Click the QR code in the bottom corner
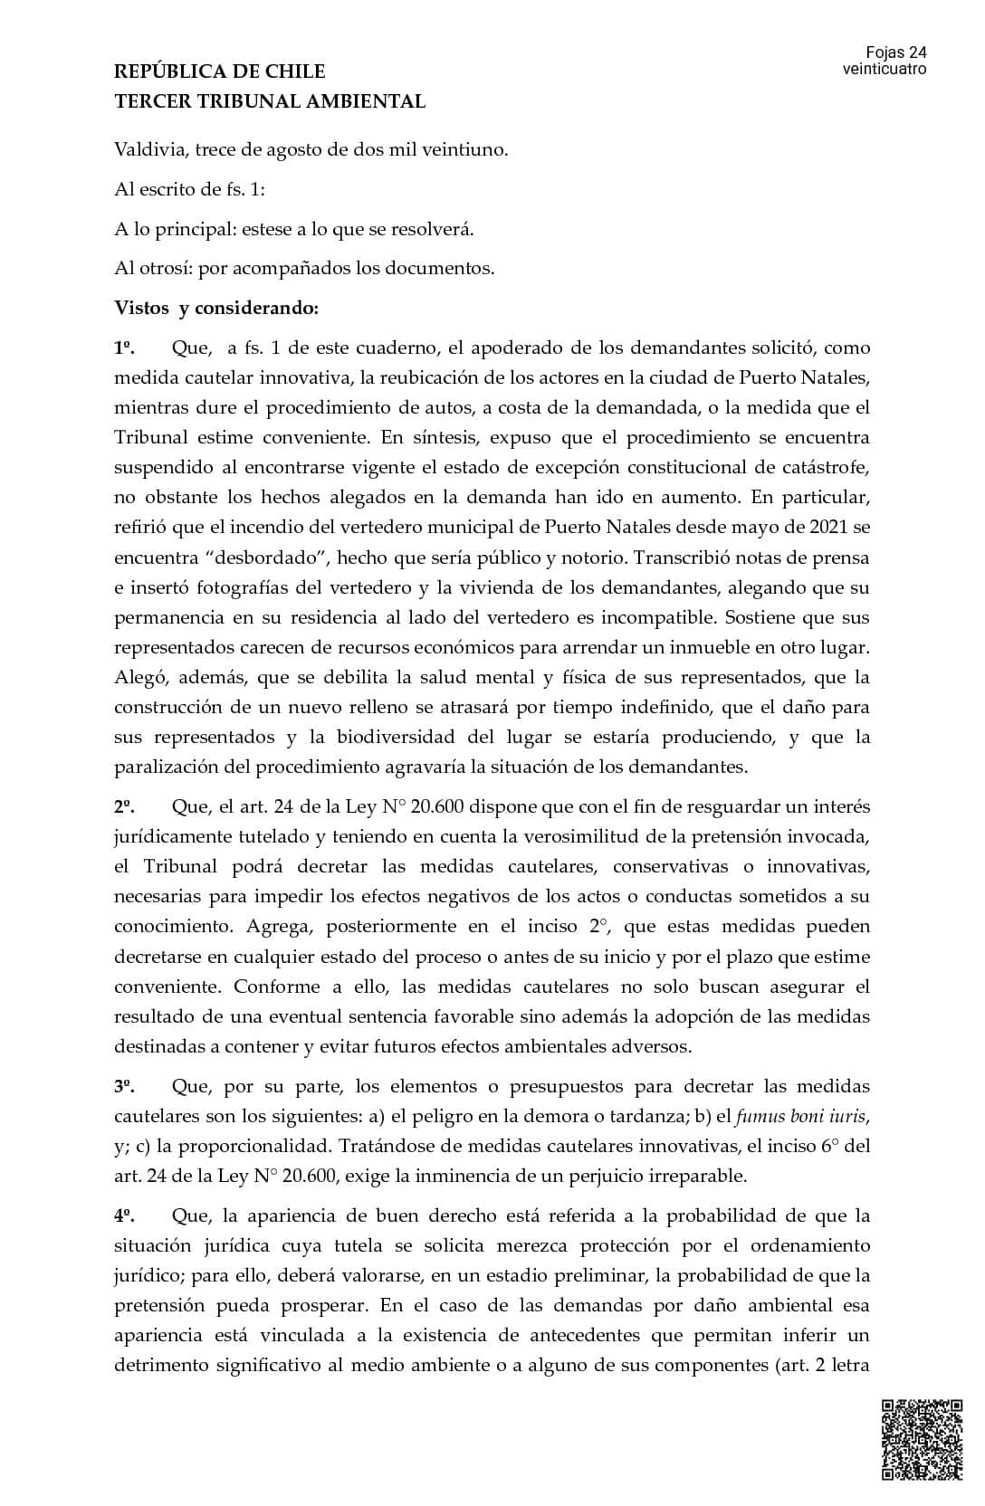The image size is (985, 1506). click(x=922, y=1440)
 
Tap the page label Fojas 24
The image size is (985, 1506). click(x=895, y=52)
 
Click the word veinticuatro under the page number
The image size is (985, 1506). click(x=884, y=69)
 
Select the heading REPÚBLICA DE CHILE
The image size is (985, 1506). click(x=220, y=71)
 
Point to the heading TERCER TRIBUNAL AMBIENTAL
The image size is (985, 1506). click(x=270, y=101)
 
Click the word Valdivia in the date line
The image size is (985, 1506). click(x=150, y=149)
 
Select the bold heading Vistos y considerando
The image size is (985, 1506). click(x=216, y=308)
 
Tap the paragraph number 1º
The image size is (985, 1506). click(x=124, y=348)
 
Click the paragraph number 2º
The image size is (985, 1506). click(x=124, y=806)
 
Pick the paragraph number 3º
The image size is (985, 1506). click(x=124, y=1086)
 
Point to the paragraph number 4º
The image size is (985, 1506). click(x=124, y=1215)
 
